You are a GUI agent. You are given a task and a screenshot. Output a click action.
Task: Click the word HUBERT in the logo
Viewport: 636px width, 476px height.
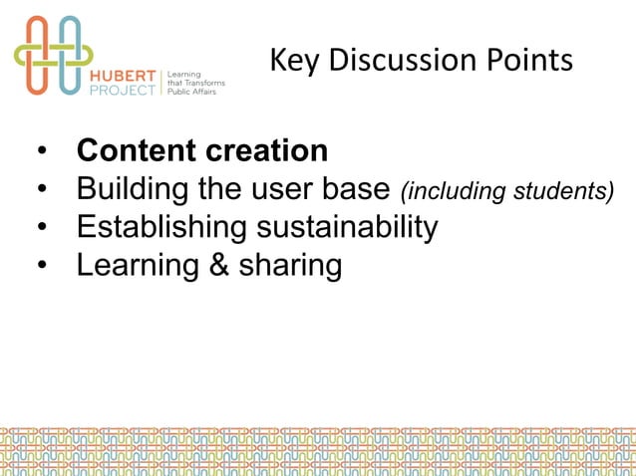[x=125, y=73]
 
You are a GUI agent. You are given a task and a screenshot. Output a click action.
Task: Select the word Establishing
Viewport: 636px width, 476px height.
[x=163, y=228]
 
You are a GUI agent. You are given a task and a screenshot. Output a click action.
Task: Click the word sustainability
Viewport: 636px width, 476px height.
[x=348, y=228]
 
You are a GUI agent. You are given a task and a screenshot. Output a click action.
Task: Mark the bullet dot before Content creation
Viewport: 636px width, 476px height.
[x=41, y=152]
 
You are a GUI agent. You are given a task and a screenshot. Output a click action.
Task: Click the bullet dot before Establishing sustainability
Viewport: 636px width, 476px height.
[x=41, y=228]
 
